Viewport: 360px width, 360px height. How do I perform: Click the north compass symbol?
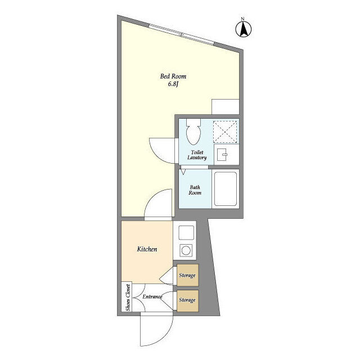point(244,29)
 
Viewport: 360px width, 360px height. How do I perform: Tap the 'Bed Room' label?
point(173,76)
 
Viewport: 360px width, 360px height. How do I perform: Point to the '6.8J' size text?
point(173,84)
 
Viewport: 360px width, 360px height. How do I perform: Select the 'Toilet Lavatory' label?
point(197,155)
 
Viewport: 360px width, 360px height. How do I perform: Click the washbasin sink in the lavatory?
point(222,155)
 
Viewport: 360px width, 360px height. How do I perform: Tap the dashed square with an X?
point(225,132)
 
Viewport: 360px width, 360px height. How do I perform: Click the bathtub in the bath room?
point(225,189)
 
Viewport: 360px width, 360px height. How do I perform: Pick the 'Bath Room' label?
point(195,190)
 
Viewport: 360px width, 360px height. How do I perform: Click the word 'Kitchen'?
point(147,249)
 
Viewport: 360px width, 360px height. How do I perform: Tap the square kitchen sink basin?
point(186,233)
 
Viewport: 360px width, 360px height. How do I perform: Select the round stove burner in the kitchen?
point(186,250)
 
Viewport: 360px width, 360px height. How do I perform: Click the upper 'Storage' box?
point(187,275)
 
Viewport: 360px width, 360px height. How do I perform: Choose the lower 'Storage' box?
point(187,300)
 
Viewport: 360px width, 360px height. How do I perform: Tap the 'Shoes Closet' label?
point(128,298)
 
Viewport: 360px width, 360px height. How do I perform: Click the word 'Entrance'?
point(152,296)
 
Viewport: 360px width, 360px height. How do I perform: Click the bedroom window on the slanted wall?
point(181,35)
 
